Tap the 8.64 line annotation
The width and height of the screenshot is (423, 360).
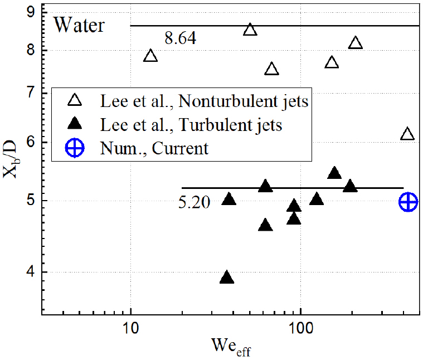[180, 38]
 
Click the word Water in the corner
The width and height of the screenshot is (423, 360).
[79, 25]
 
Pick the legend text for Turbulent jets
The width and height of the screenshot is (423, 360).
[191, 125]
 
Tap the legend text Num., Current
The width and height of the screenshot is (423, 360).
[154, 149]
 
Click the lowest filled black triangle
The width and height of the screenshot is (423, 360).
[226, 278]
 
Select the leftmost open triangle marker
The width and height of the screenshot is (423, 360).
[150, 56]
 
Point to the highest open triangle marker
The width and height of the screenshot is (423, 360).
[250, 30]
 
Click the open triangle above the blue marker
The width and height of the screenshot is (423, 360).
[407, 134]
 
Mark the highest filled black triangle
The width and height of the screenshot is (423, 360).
[334, 173]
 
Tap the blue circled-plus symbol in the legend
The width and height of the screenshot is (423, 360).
[76, 149]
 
